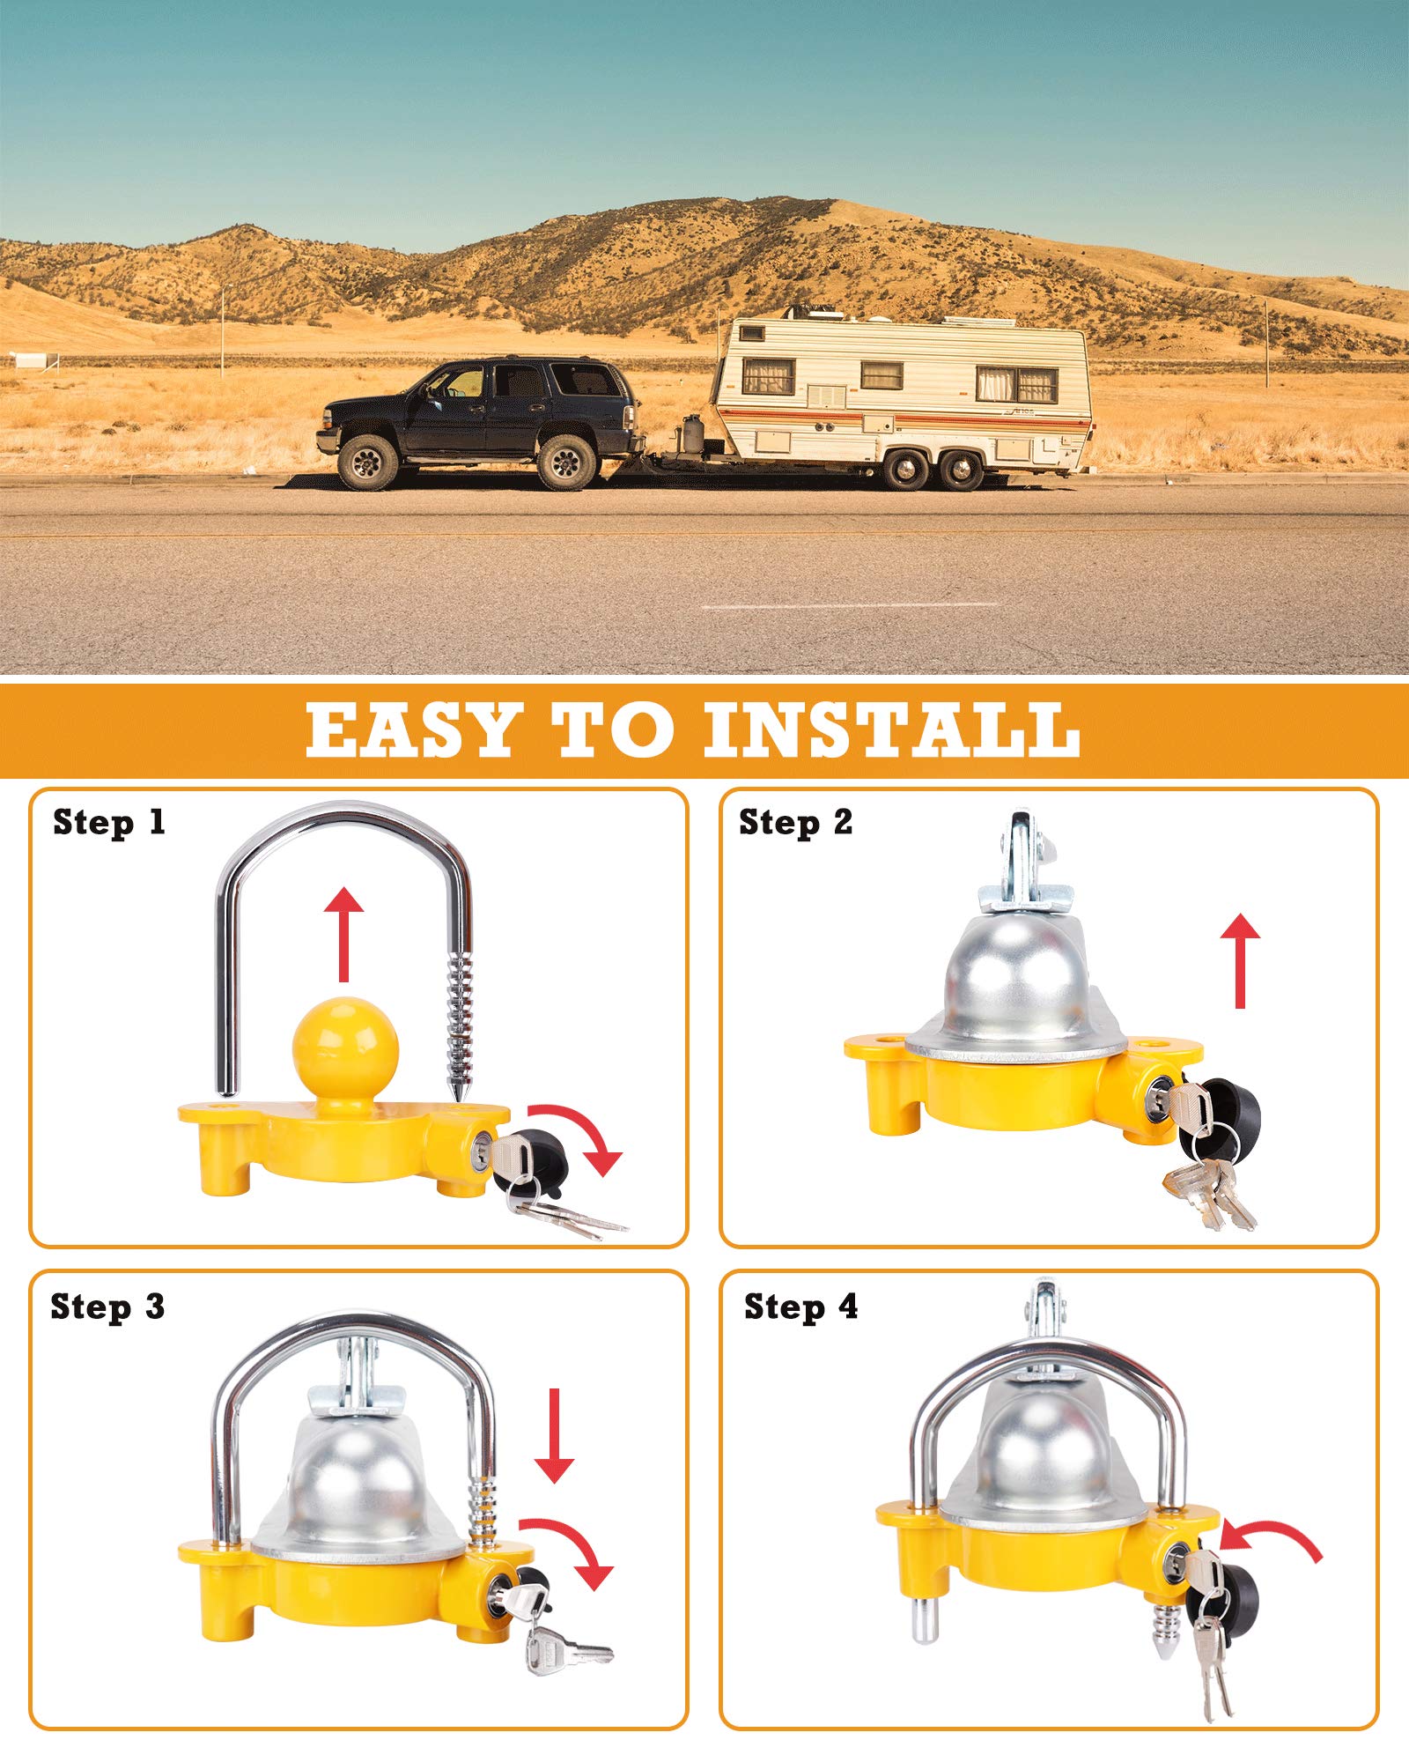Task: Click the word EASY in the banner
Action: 412,729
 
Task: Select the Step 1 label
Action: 109,823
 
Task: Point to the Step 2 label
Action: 795,823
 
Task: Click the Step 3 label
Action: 107,1307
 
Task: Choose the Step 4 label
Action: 800,1307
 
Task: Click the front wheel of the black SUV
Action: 367,461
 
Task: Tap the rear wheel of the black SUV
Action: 566,461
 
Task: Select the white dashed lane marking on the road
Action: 850,606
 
